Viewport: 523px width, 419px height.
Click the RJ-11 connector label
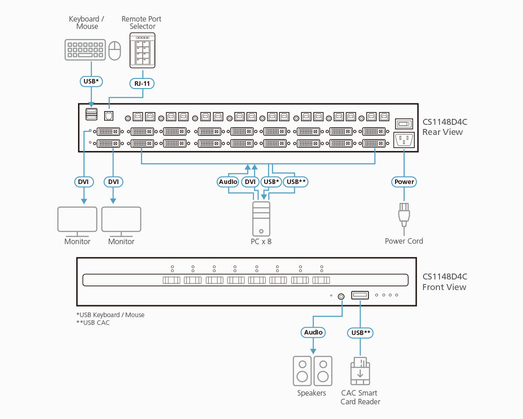pyautogui.click(x=143, y=83)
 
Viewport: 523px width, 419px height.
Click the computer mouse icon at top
pyautogui.click(x=115, y=50)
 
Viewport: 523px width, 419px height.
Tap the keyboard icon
pyautogui.click(x=85, y=50)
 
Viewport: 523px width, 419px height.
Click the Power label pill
pyautogui.click(x=404, y=182)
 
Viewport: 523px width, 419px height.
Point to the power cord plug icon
pyautogui.click(x=404, y=215)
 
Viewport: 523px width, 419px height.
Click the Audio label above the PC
pyautogui.click(x=228, y=182)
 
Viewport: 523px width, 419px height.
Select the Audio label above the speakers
pyautogui.click(x=313, y=332)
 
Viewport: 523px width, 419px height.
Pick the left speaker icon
pyautogui.click(x=302, y=371)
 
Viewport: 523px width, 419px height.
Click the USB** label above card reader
pyautogui.click(x=361, y=332)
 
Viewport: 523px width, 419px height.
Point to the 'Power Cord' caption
pyautogui.click(x=404, y=241)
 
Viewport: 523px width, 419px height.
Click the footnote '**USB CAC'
pyautogui.click(x=93, y=323)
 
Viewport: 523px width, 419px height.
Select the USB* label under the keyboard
pyautogui.click(x=90, y=81)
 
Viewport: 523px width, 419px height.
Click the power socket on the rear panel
pyautogui.click(x=404, y=140)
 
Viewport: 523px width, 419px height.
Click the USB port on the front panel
pyautogui.click(x=360, y=295)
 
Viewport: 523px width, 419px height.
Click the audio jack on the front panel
pyautogui.click(x=341, y=296)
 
